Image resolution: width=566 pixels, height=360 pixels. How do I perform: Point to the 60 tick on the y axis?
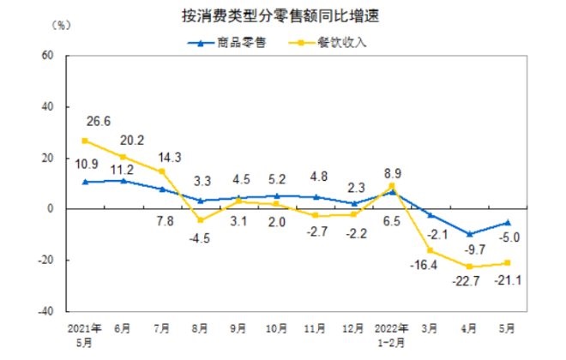point(47,56)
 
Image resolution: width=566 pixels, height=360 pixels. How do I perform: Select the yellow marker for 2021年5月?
point(86,141)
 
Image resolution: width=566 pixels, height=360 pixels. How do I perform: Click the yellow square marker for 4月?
point(469,267)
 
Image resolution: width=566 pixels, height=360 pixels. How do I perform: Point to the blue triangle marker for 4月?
point(469,233)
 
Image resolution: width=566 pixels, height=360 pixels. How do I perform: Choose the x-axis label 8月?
point(201,327)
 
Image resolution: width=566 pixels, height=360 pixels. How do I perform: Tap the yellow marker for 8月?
point(201,220)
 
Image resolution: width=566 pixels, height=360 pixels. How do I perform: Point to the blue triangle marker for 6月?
point(124,180)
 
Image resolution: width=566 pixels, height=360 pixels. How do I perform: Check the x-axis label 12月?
point(354,327)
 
